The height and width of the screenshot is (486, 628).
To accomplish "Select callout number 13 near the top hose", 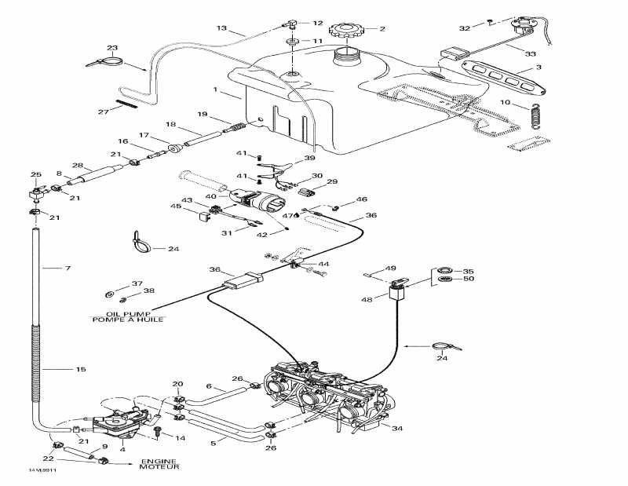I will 222,28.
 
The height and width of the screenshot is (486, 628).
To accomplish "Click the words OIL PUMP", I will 116,312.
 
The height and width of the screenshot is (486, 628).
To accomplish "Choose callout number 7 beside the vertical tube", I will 68,269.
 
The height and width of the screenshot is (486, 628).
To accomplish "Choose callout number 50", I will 469,279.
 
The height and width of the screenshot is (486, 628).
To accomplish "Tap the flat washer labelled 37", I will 109,294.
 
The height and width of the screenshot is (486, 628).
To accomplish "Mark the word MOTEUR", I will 160,468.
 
